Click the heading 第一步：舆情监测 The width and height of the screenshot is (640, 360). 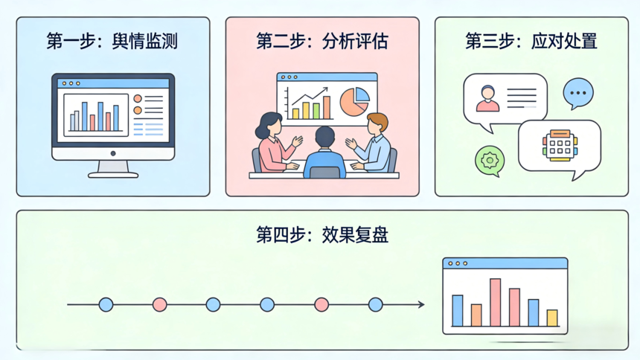click(112, 42)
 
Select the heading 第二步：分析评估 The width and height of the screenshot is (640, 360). click(322, 42)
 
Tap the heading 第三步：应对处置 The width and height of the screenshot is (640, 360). click(531, 42)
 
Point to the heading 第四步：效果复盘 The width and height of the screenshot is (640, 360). click(322, 235)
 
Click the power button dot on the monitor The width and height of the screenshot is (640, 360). click(113, 153)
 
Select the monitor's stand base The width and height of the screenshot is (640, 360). click(113, 175)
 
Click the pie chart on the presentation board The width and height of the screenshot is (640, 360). click(354, 102)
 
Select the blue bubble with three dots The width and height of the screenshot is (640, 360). click(578, 94)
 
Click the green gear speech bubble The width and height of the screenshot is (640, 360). click(490, 161)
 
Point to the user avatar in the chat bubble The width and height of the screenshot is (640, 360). click(487, 98)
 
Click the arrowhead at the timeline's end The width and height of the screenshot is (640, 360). click(421, 304)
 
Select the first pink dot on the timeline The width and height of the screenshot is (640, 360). click(159, 304)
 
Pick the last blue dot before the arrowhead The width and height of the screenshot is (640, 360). click(375, 304)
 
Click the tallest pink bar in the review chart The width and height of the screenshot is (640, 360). click(495, 303)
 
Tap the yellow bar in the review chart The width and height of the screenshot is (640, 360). click(552, 318)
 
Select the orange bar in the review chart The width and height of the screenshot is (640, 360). click(476, 315)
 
